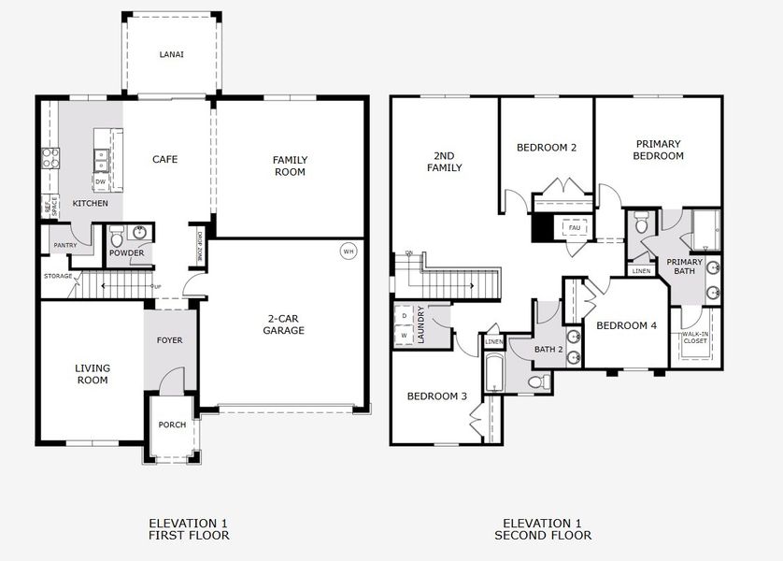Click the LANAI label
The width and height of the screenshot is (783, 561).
171,55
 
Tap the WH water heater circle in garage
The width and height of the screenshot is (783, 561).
349,251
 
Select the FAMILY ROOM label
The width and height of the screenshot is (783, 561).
290,165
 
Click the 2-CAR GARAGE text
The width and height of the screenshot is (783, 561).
283,324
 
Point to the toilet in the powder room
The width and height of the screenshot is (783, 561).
117,237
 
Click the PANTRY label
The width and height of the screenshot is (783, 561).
64,245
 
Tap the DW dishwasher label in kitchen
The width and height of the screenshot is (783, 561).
100,182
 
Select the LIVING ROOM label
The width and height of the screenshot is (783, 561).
93,374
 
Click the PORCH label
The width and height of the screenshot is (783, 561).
172,424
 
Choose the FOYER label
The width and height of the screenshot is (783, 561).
169,340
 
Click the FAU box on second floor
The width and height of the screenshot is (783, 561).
574,228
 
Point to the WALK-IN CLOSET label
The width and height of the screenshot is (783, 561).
694,338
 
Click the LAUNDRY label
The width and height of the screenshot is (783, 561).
421,324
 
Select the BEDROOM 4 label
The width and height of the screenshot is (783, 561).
626,325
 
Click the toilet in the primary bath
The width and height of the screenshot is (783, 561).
642,224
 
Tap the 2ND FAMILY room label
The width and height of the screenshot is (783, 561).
445,162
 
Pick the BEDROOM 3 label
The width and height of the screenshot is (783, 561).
436,396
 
